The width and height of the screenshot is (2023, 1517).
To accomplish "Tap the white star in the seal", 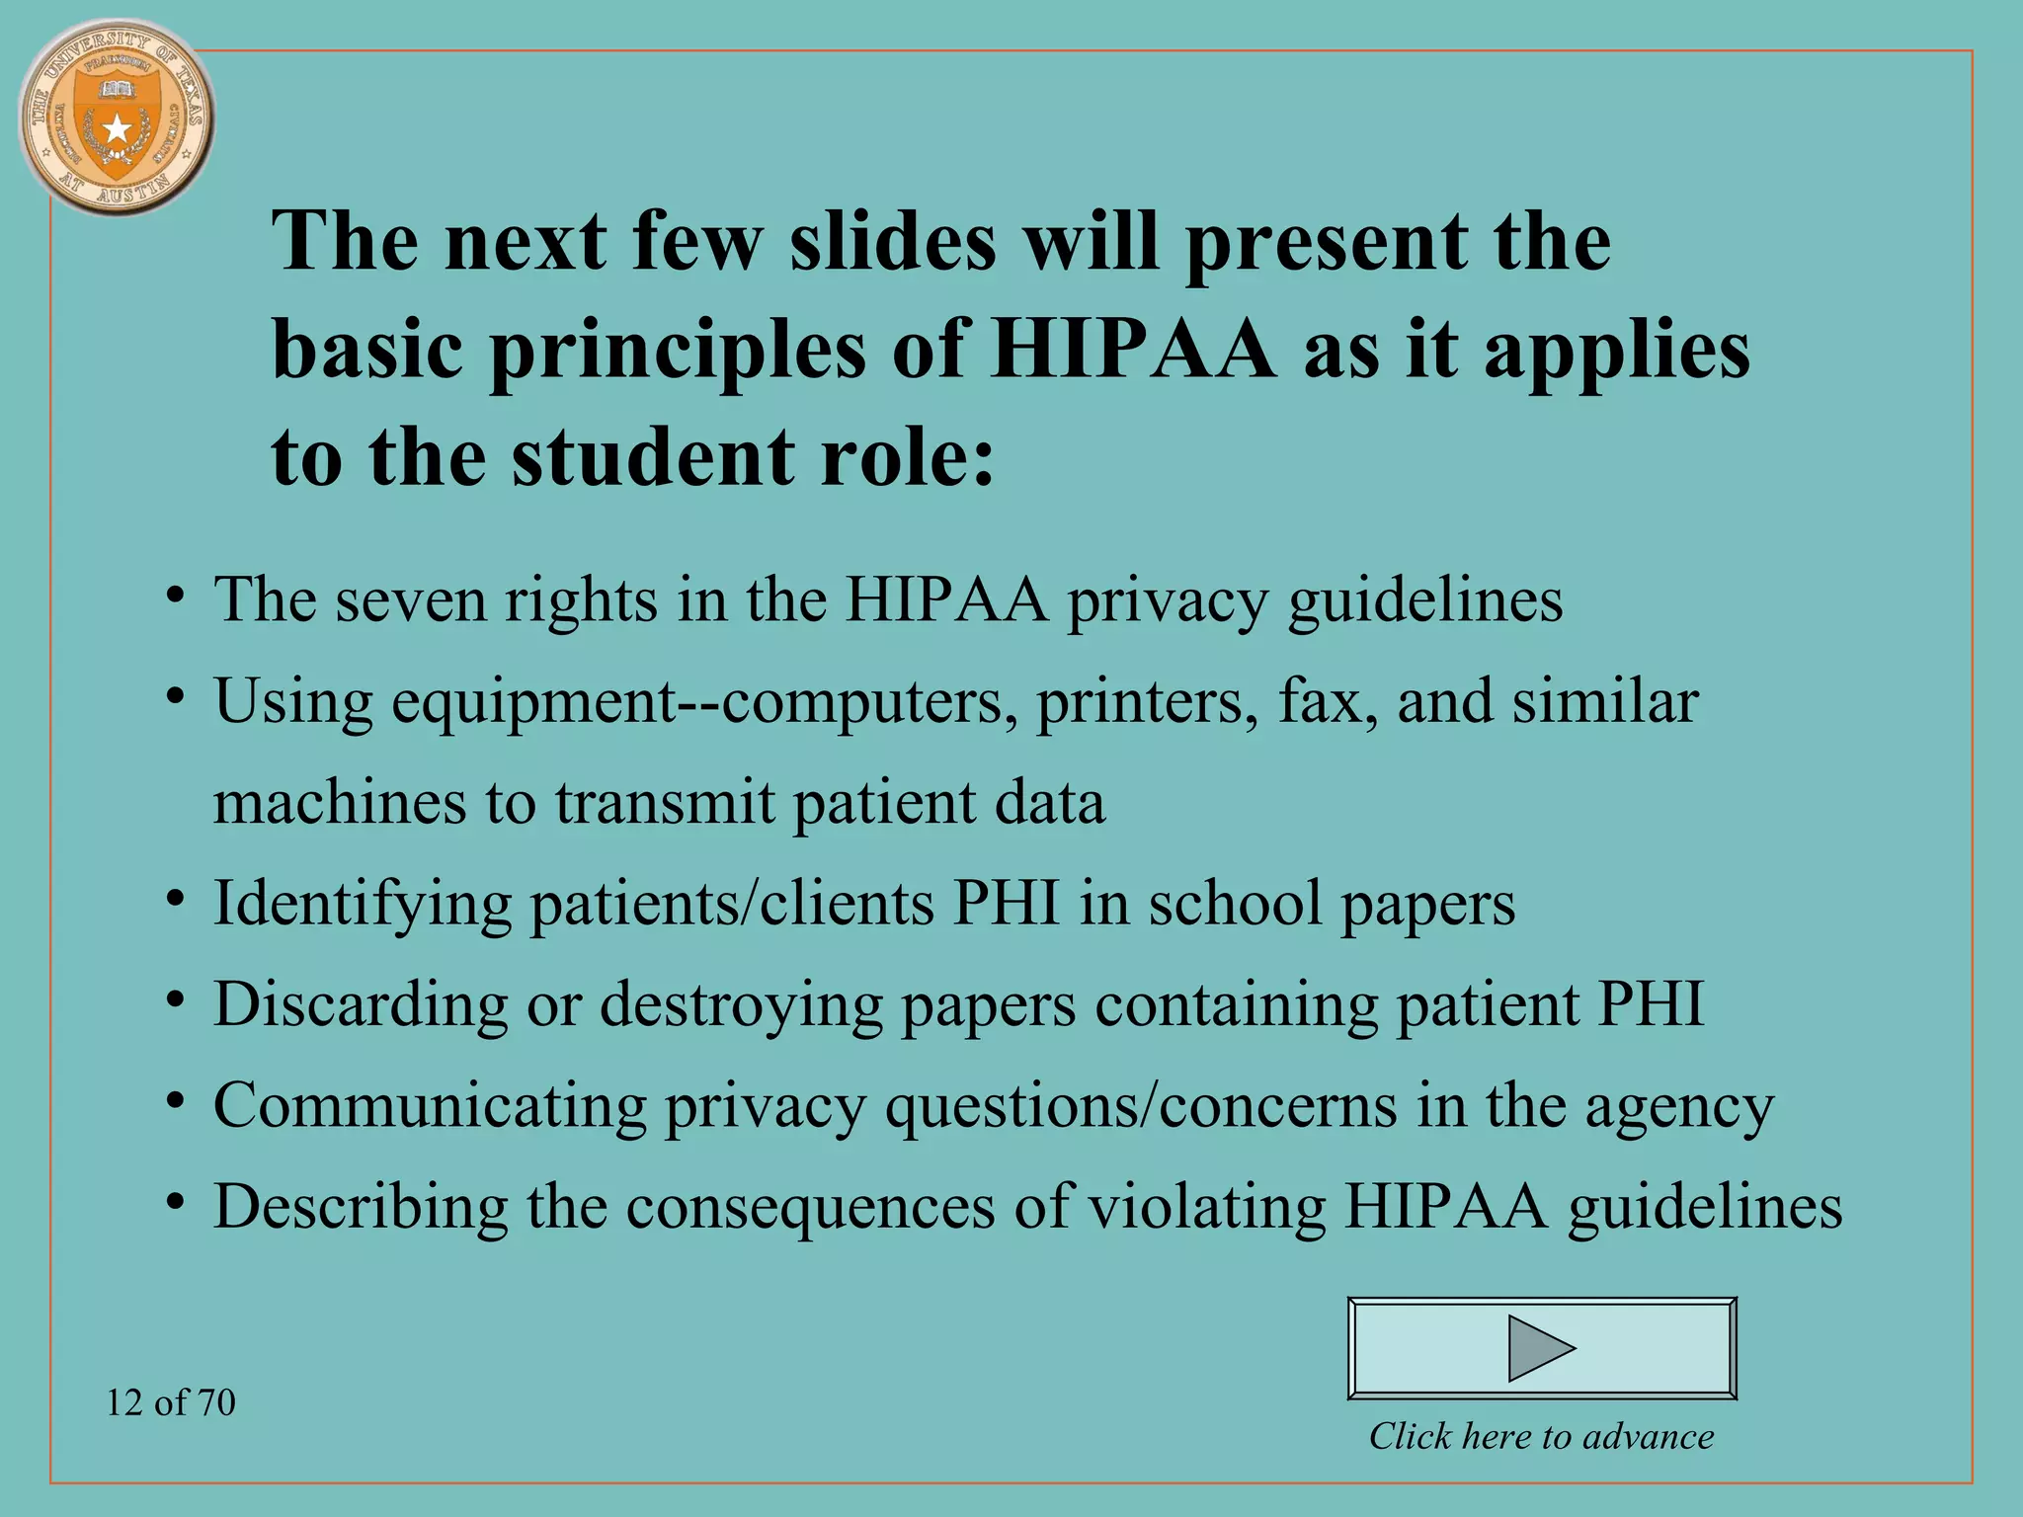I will (118, 128).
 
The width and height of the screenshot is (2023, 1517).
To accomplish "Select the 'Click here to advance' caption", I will (1541, 1436).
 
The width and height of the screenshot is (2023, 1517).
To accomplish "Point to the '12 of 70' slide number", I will (171, 1402).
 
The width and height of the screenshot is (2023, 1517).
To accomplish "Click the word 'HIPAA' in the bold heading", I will (1134, 349).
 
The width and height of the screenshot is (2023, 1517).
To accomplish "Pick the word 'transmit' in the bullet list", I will (663, 802).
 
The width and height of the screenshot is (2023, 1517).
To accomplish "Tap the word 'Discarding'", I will (361, 1004).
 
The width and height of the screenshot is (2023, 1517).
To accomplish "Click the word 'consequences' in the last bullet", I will (811, 1207).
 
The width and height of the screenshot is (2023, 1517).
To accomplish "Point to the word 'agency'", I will (1679, 1108).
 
